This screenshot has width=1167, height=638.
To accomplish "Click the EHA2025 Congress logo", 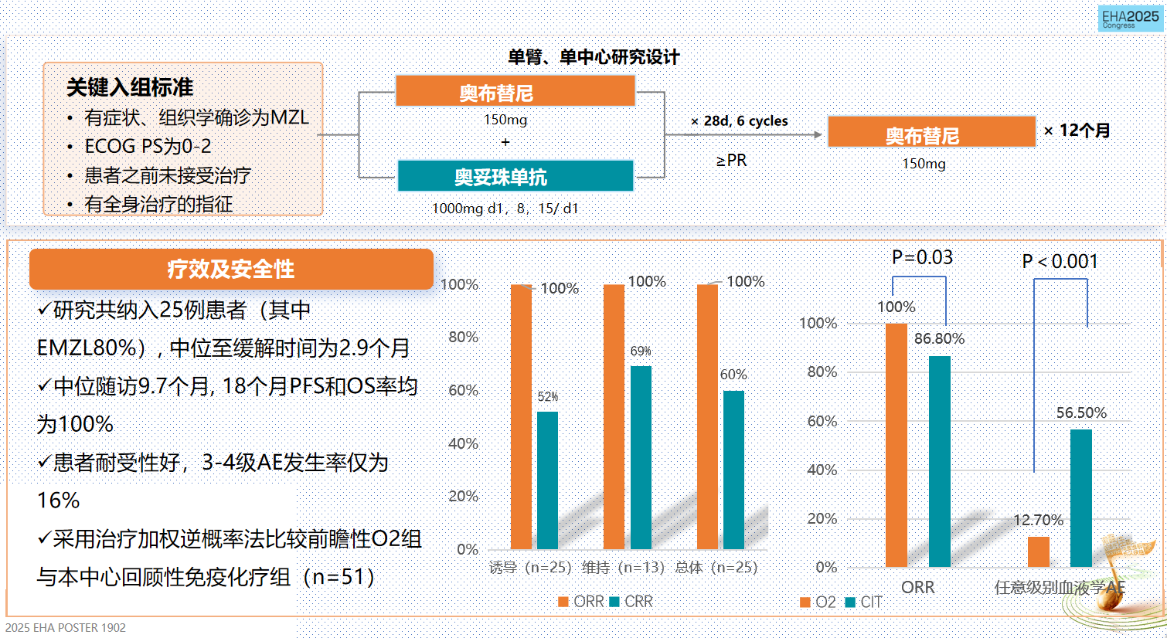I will pos(1130,19).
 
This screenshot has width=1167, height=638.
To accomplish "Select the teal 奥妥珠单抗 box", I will pos(515,176).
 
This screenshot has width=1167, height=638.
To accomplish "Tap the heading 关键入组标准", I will pos(130,87).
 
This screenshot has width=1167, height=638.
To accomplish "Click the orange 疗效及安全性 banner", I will pos(231,269).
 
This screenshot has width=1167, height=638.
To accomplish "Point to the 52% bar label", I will pos(548,396).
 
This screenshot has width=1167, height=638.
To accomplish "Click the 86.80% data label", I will pos(939,338).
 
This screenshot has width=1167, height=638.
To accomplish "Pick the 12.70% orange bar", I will pos(1039,551).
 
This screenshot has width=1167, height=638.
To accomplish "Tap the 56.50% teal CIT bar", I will pos(1081,498).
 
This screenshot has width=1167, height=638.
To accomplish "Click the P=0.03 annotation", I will pos(922,257).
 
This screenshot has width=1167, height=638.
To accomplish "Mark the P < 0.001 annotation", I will pos(1060,262).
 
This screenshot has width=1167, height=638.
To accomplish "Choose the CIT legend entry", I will pos(864,602).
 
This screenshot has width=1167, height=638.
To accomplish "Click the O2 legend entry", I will pos(818,602).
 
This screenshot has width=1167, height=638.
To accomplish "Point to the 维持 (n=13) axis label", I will pos(623,568).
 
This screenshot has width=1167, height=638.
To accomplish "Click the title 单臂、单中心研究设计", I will pos(594,57).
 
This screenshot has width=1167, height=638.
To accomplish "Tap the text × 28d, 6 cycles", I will pos(740,121).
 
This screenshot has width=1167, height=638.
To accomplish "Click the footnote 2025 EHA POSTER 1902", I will pos(66,627).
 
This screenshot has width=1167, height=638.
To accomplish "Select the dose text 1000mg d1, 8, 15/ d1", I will pos(505,209).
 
